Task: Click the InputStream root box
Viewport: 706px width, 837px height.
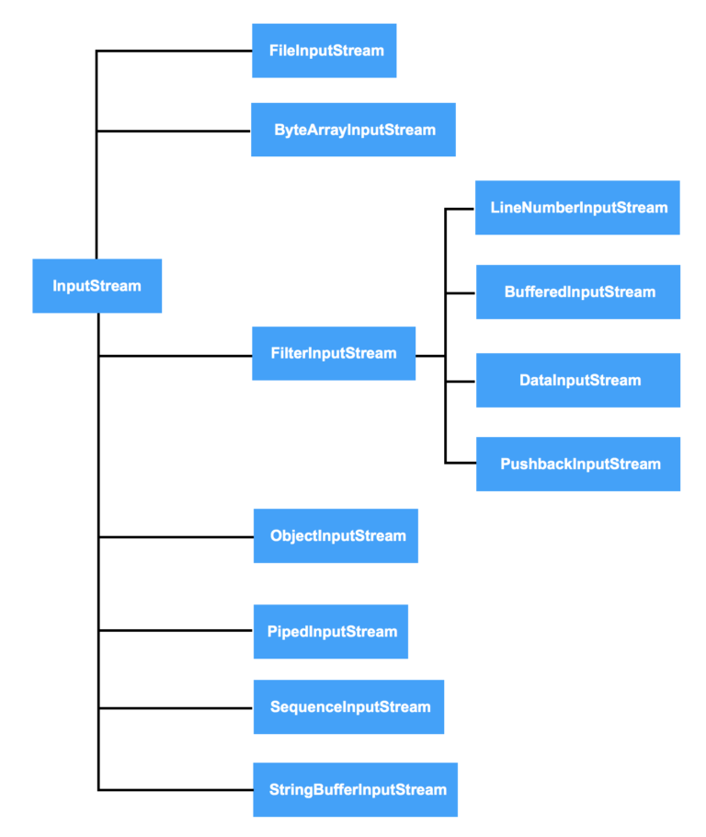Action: click(97, 286)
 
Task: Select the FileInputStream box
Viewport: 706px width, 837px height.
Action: click(324, 51)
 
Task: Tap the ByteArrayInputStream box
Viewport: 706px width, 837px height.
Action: click(353, 130)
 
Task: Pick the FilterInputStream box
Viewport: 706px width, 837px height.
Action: click(334, 353)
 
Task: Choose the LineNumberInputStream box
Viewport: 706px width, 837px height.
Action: click(577, 208)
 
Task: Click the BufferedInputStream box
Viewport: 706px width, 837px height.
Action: click(577, 292)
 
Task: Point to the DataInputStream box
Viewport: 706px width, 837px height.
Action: click(577, 380)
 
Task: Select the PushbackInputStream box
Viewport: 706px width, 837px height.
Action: click(577, 464)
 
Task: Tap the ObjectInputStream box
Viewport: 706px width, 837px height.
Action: click(336, 535)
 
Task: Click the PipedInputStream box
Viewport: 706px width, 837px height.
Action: click(330, 631)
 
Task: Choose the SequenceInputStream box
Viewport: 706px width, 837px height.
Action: click(348, 706)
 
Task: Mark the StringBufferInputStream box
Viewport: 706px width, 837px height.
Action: click(355, 789)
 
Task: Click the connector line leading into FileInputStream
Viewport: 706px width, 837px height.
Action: click(175, 51)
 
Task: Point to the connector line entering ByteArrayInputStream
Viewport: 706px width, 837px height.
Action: click(175, 131)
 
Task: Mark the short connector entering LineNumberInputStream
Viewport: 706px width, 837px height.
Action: click(461, 209)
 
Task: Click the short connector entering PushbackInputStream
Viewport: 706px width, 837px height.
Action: click(461, 463)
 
